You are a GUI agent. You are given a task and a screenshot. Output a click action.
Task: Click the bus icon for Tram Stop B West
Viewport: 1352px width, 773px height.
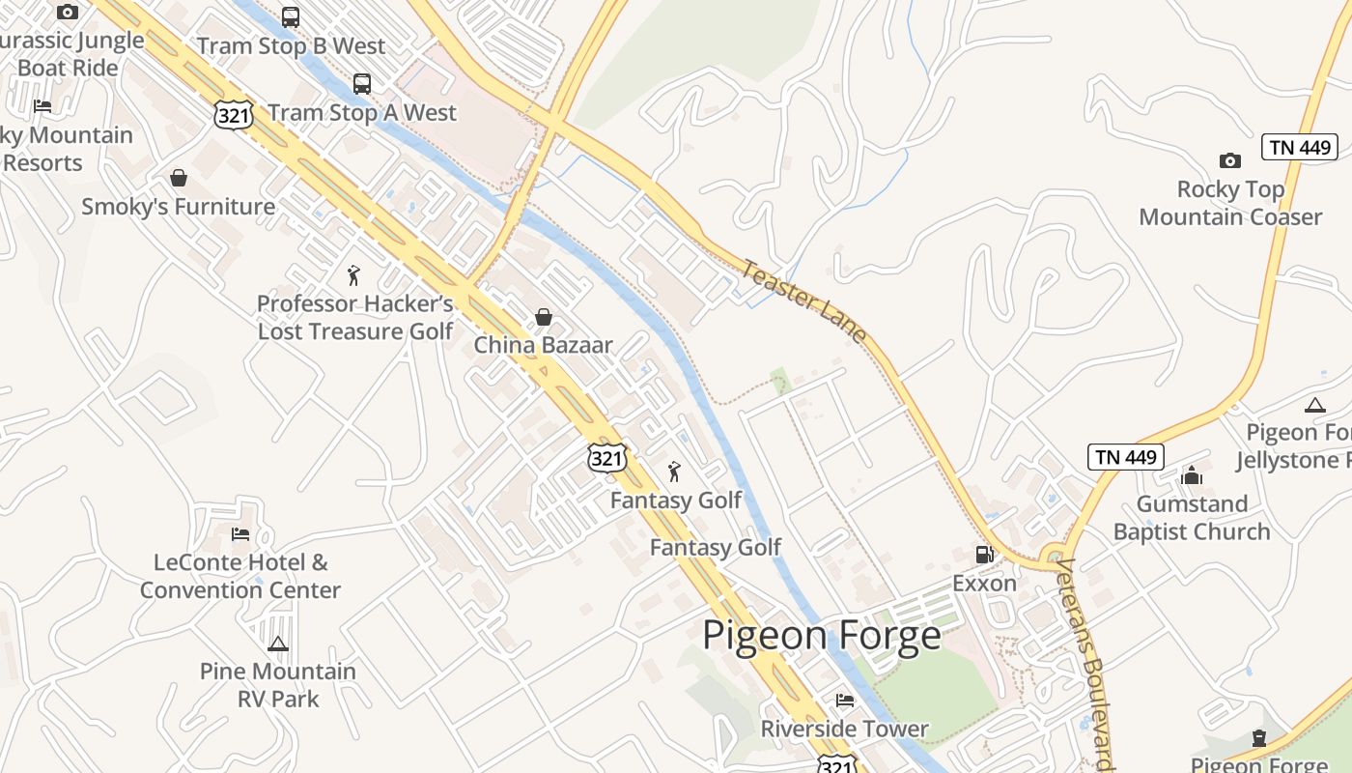[290, 16]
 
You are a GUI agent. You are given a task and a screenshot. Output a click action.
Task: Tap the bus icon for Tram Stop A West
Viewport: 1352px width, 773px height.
[361, 84]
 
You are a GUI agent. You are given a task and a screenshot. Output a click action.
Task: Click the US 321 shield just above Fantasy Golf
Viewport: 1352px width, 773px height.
[606, 457]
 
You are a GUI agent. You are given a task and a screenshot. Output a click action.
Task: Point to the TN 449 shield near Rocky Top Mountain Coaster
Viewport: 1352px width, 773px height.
[1299, 148]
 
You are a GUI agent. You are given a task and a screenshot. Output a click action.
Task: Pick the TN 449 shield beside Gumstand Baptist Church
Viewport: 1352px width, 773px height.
[1125, 457]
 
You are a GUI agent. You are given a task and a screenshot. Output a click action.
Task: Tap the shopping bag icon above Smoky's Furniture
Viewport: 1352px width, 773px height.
[178, 178]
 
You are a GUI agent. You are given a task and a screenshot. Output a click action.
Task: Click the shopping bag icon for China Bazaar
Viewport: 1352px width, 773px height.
[544, 317]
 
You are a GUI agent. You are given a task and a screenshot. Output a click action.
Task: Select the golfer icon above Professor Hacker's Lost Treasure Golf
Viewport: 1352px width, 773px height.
[353, 275]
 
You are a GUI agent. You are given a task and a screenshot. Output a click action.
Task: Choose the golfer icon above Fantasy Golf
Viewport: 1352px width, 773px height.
[674, 472]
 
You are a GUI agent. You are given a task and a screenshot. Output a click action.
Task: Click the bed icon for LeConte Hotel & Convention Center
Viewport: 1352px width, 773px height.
[240, 533]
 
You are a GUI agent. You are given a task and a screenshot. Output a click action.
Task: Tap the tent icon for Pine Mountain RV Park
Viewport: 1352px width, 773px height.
[278, 644]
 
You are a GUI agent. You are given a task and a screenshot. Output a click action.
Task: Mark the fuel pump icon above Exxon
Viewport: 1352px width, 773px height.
[984, 555]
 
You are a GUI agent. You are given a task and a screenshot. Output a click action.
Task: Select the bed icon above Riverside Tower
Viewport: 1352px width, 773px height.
[845, 701]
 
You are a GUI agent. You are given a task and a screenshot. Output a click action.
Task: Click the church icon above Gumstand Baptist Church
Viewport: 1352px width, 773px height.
[1192, 475]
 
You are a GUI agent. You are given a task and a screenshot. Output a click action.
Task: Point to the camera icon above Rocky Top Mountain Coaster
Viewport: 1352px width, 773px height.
[1229, 160]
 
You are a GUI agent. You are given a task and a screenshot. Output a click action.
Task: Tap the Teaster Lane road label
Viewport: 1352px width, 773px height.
[803, 300]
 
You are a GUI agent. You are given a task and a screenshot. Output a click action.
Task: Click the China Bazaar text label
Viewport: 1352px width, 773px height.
[543, 345]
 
